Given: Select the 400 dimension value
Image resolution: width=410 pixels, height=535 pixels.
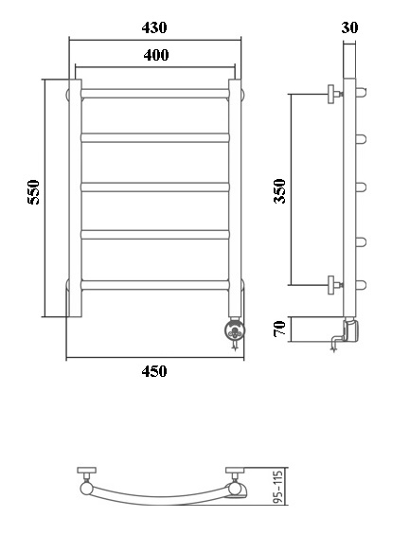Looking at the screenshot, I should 157,56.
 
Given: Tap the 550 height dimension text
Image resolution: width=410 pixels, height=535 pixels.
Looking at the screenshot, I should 33,193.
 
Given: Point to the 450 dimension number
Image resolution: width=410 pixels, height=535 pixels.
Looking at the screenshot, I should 153,371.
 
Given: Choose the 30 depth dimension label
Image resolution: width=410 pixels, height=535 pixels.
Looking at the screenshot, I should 349,28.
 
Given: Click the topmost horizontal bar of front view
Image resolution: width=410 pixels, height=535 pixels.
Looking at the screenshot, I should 156,93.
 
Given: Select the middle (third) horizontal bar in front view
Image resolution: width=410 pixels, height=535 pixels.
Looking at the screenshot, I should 156,186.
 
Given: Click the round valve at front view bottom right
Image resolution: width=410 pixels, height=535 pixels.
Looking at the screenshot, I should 233,330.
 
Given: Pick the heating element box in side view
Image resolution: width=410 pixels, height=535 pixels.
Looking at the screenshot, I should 349,330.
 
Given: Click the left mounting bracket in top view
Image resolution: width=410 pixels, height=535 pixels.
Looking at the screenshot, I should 88,474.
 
